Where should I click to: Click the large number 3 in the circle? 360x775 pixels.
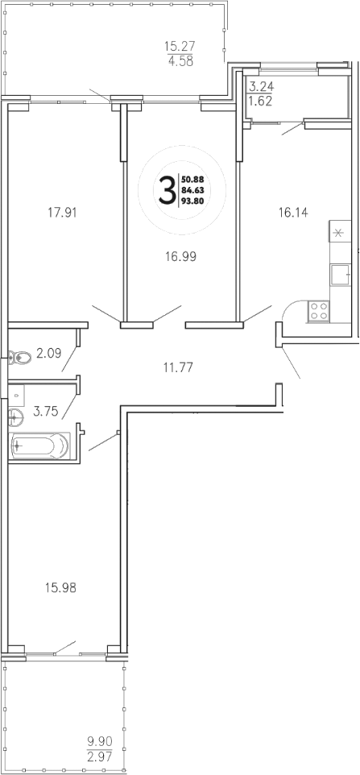[x=167, y=191]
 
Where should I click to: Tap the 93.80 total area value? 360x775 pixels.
[x=192, y=203]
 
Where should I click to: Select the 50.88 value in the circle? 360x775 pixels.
[x=192, y=178]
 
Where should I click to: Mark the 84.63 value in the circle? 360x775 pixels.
[x=192, y=190]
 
